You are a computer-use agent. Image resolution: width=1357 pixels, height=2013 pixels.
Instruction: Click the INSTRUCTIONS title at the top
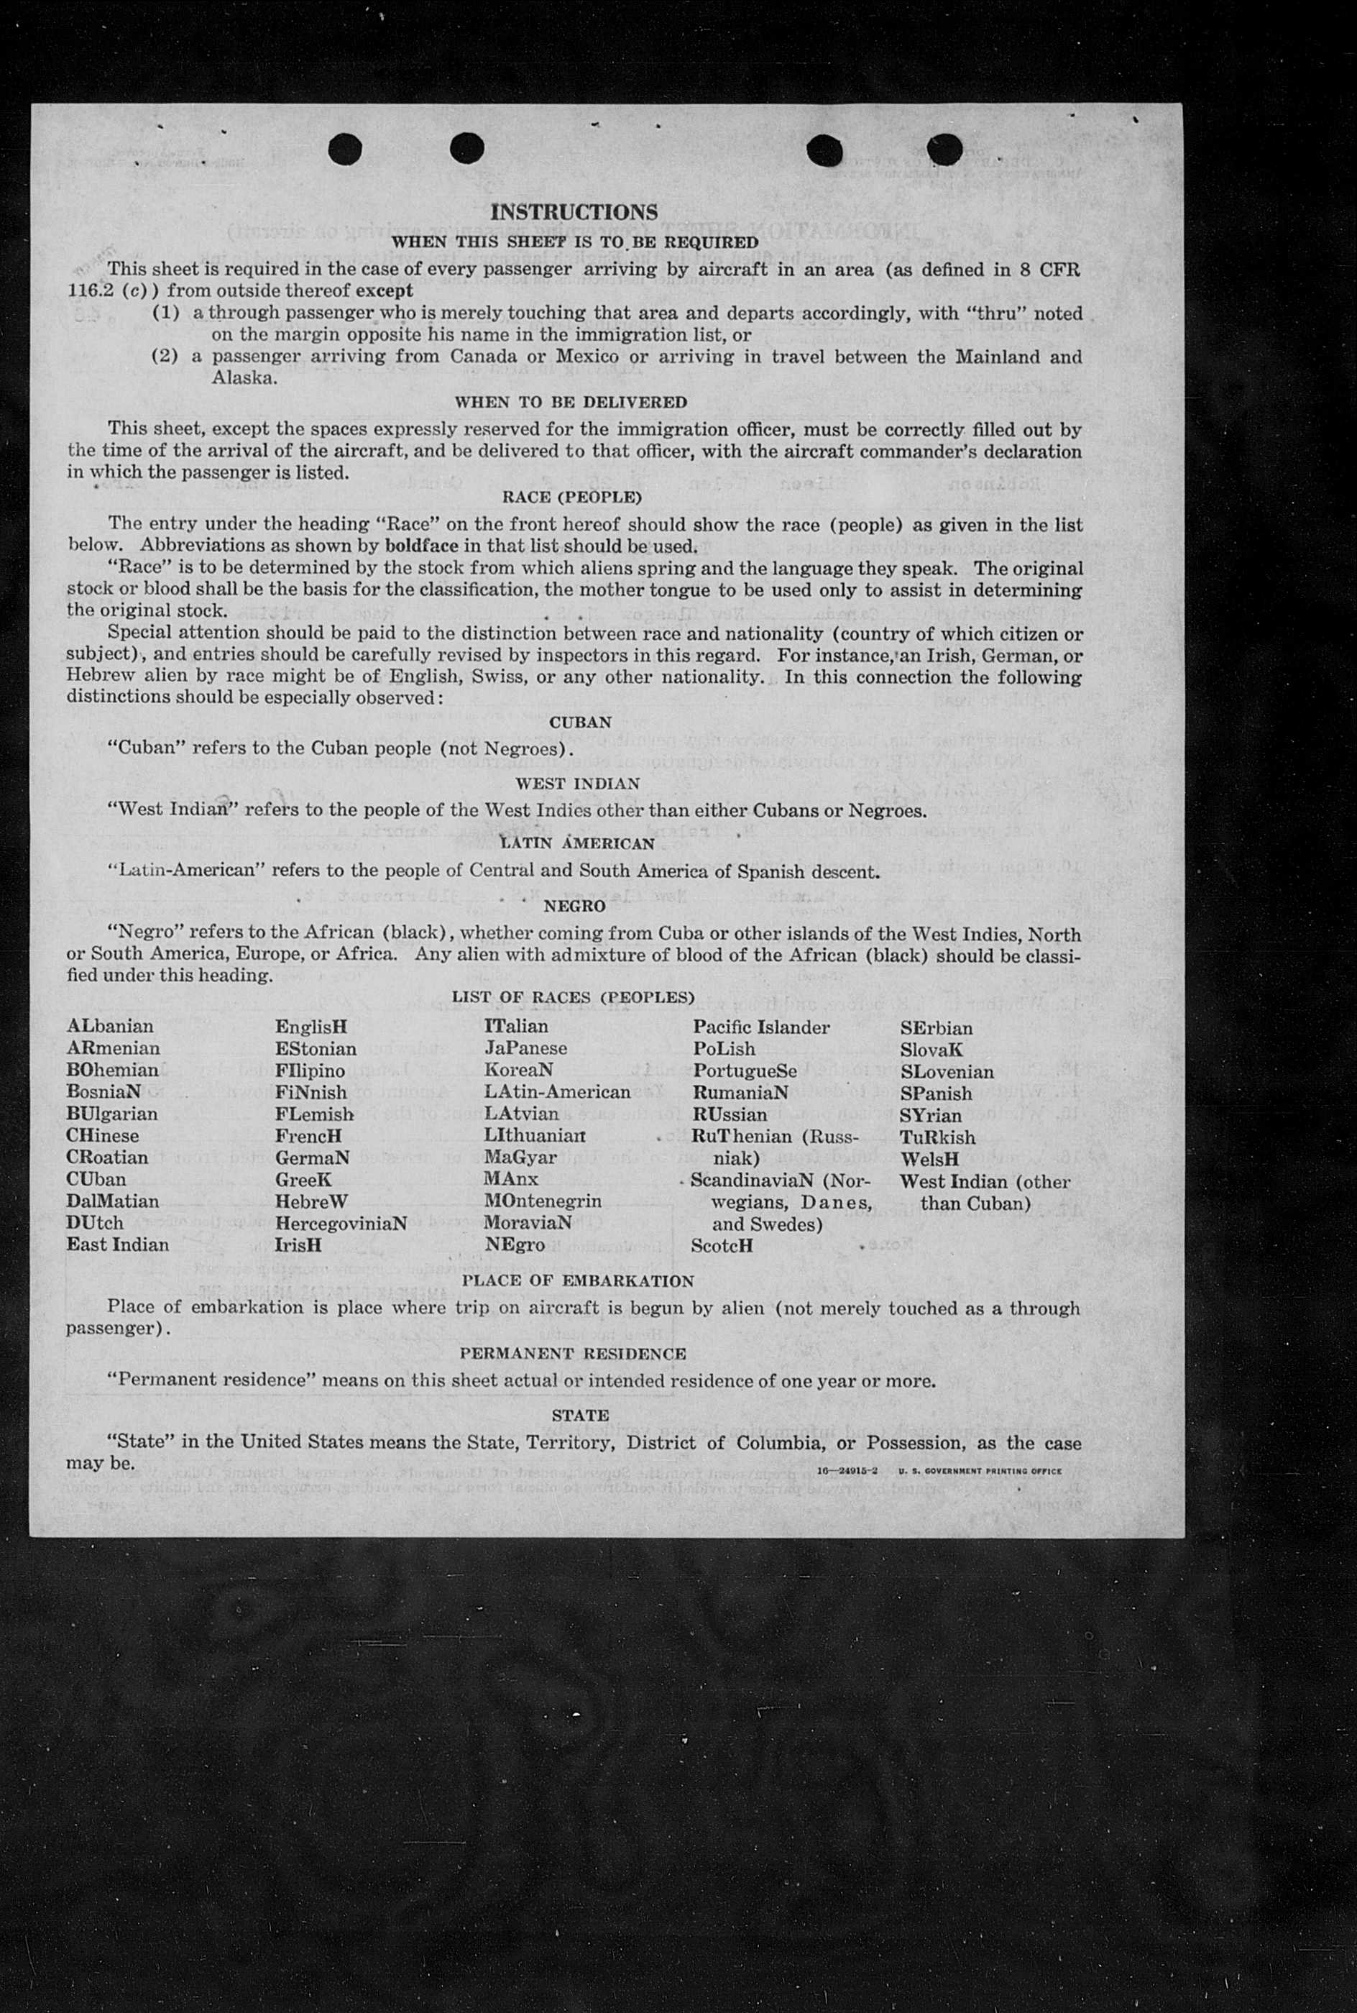pos(574,212)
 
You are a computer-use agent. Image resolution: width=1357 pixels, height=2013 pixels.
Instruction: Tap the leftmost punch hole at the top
pos(344,150)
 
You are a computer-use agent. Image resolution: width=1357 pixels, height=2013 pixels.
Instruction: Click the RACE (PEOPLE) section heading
pos(571,497)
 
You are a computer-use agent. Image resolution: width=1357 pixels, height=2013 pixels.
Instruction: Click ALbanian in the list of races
pos(110,1027)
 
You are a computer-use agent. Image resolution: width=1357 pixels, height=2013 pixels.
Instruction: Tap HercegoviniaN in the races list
pos(341,1224)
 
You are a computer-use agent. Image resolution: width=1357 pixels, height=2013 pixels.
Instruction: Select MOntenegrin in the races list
pos(543,1201)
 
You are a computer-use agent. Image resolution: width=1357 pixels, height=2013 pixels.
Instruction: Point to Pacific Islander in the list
pos(760,1027)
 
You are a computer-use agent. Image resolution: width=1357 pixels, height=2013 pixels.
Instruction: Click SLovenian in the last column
pos(947,1071)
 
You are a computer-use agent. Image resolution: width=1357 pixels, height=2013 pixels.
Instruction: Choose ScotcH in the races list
pos(722,1246)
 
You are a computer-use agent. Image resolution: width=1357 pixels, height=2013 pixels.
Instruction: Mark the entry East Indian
pos(118,1245)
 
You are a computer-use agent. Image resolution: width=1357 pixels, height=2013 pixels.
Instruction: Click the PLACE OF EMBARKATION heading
pos(577,1281)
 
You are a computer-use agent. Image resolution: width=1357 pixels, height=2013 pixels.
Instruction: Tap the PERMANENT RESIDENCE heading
pos(573,1354)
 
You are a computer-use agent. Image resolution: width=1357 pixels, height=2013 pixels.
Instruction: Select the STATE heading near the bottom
pos(580,1415)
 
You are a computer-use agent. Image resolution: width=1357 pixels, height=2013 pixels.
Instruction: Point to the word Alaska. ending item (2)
pos(245,378)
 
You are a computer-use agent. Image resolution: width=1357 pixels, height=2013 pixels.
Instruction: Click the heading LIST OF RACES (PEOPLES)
pos(573,997)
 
